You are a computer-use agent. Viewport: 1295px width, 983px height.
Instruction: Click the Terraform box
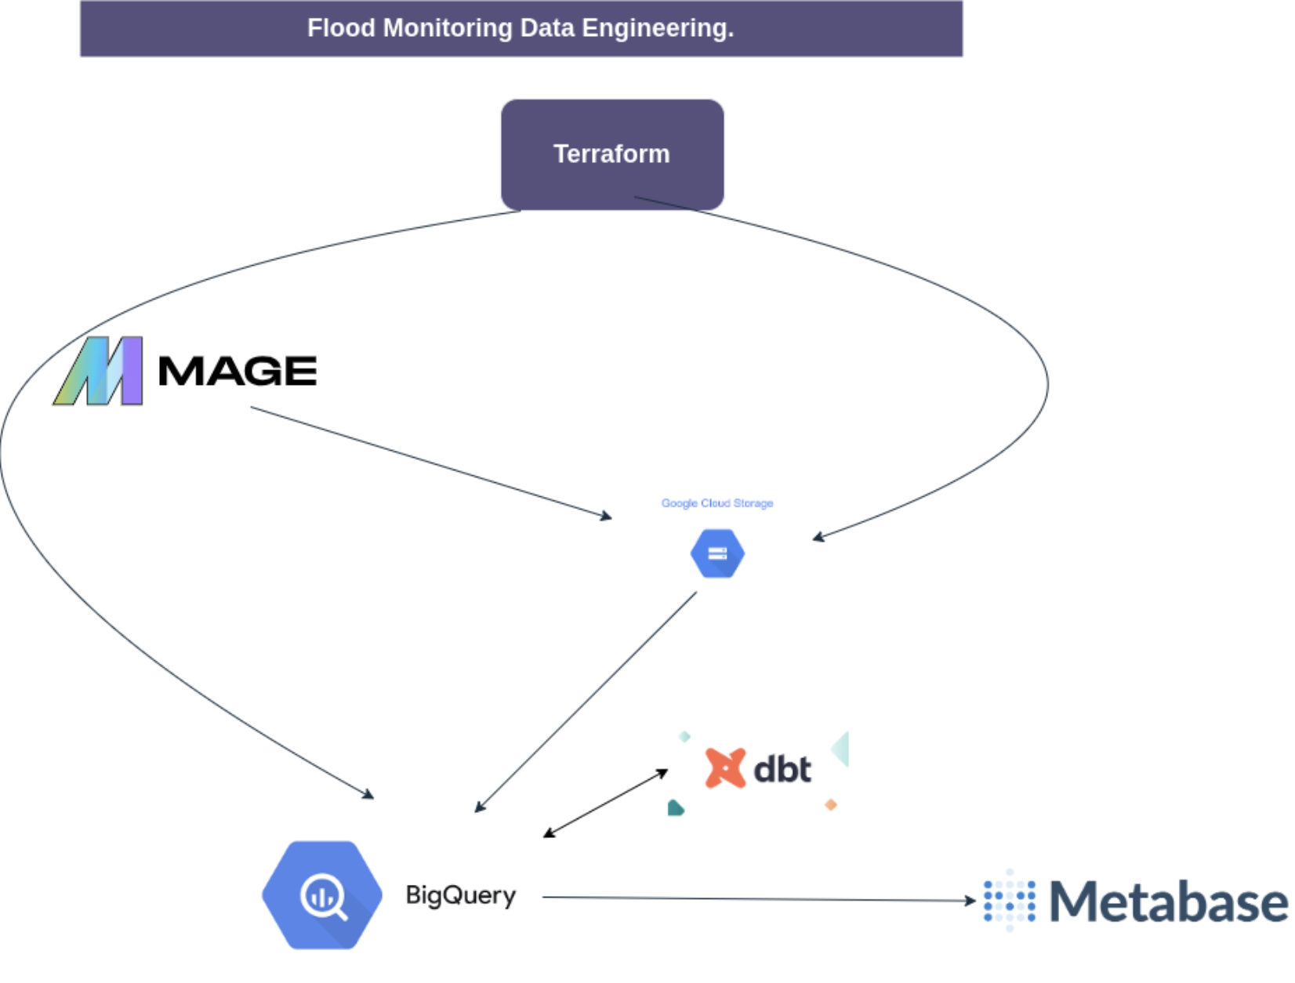[611, 154]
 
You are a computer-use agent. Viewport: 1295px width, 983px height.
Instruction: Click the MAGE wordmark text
[238, 371]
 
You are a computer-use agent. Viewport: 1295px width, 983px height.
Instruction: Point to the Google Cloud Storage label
[716, 503]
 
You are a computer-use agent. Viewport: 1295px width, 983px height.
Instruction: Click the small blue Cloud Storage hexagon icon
[716, 553]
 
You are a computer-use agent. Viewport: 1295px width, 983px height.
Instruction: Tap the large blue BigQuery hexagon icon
[322, 894]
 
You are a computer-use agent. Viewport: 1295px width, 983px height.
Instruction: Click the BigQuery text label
[460, 894]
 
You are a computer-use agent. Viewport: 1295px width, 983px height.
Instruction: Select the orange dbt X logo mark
[725, 767]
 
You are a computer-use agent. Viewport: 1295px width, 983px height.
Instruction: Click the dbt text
[782, 769]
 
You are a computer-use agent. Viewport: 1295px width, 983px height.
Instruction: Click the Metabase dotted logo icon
[1009, 901]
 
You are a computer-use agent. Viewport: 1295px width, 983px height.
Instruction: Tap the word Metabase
[1168, 901]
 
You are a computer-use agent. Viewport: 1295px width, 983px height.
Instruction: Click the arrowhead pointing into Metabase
[970, 901]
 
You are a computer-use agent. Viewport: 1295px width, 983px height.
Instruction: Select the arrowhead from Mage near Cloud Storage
[606, 516]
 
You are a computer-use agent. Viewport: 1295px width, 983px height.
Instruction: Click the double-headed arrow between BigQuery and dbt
[605, 803]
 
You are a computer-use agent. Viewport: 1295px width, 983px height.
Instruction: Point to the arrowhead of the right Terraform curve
[818, 537]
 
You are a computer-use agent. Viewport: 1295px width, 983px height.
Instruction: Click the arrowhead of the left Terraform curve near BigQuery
[368, 795]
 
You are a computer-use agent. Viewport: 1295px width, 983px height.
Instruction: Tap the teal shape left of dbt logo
[675, 807]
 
